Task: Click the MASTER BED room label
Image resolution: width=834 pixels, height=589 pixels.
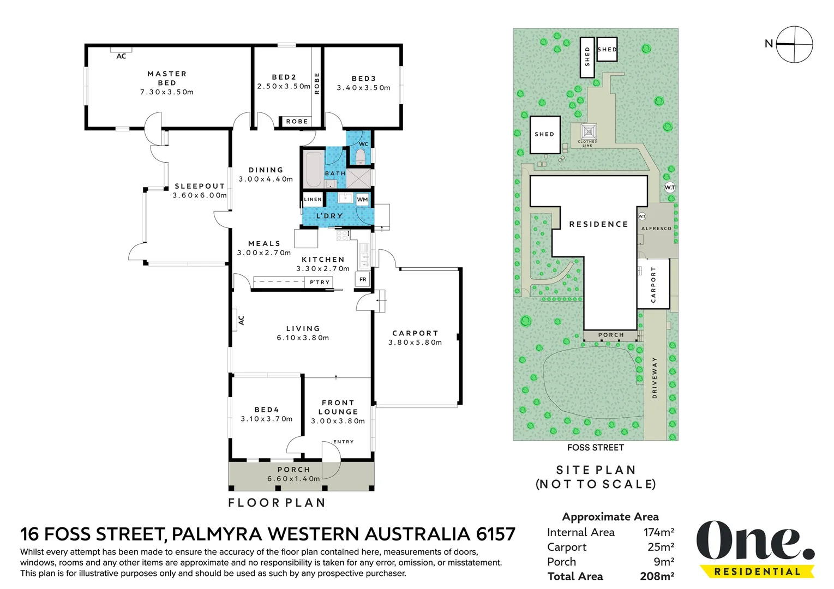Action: [x=167, y=78]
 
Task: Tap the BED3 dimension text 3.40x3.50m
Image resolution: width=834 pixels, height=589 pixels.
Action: [x=363, y=88]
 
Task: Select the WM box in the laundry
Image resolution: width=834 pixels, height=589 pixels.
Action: [x=362, y=200]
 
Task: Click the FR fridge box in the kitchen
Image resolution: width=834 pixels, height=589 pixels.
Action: [x=362, y=279]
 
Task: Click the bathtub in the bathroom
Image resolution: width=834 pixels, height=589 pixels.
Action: [x=314, y=170]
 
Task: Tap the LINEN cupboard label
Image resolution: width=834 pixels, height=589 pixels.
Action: [x=313, y=199]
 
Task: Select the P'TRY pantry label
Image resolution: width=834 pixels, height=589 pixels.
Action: [x=320, y=282]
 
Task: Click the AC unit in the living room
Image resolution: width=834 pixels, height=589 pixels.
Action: [x=235, y=320]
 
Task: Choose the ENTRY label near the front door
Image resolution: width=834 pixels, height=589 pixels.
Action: [x=343, y=442]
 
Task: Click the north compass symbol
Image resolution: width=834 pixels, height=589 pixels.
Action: [x=794, y=44]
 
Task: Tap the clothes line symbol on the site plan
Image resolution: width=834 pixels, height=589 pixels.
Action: [x=588, y=132]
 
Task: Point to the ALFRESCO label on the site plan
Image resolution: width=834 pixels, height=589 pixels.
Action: [x=656, y=228]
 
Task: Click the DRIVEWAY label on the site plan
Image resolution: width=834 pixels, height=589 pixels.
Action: [x=655, y=378]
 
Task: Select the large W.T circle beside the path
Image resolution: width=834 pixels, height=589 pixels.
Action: [x=670, y=187]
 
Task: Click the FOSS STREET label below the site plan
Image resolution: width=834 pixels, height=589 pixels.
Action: [x=595, y=448]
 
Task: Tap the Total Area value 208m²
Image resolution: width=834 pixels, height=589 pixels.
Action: [x=657, y=576]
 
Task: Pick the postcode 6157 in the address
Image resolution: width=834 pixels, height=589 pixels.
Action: [x=496, y=534]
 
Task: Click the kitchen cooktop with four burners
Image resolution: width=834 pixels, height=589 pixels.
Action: [x=343, y=235]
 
